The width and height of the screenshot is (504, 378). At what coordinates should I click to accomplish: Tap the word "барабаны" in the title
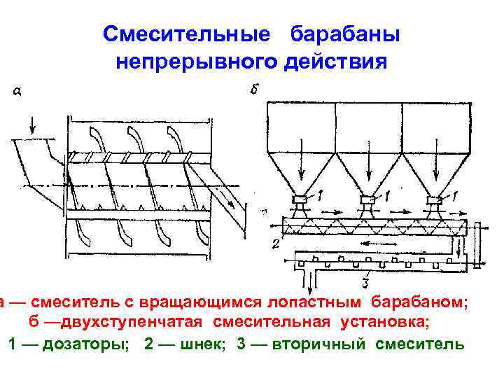[345, 34]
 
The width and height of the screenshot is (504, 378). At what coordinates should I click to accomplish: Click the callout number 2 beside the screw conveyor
[276, 244]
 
